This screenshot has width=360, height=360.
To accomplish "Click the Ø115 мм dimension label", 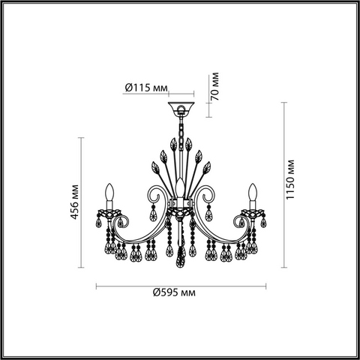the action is (146, 88).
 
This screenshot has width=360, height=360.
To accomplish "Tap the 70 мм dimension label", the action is (214, 86).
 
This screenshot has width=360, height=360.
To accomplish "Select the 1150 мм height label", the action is (290, 179).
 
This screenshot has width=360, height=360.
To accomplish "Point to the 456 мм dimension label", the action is (75, 202).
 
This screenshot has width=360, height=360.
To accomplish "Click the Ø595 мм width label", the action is (174, 292).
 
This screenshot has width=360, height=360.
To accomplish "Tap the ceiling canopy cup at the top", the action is (181, 108).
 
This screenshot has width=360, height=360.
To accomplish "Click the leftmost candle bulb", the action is (109, 193).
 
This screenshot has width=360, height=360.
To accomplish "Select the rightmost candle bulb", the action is (253, 193).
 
